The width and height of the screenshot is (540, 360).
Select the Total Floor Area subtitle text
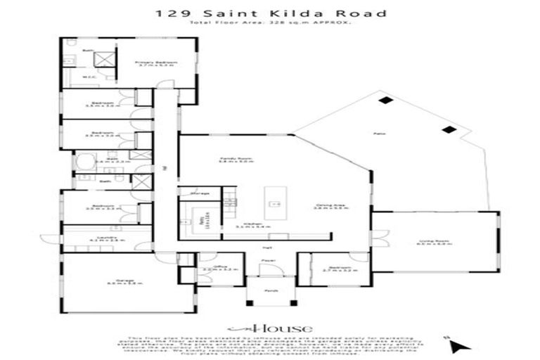(x=270, y=24)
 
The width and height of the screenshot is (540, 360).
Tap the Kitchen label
(x=244, y=226)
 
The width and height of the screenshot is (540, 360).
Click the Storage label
(x=200, y=193)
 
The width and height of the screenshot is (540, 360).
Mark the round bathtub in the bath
(x=84, y=162)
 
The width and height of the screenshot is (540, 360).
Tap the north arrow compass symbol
(x=458, y=345)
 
